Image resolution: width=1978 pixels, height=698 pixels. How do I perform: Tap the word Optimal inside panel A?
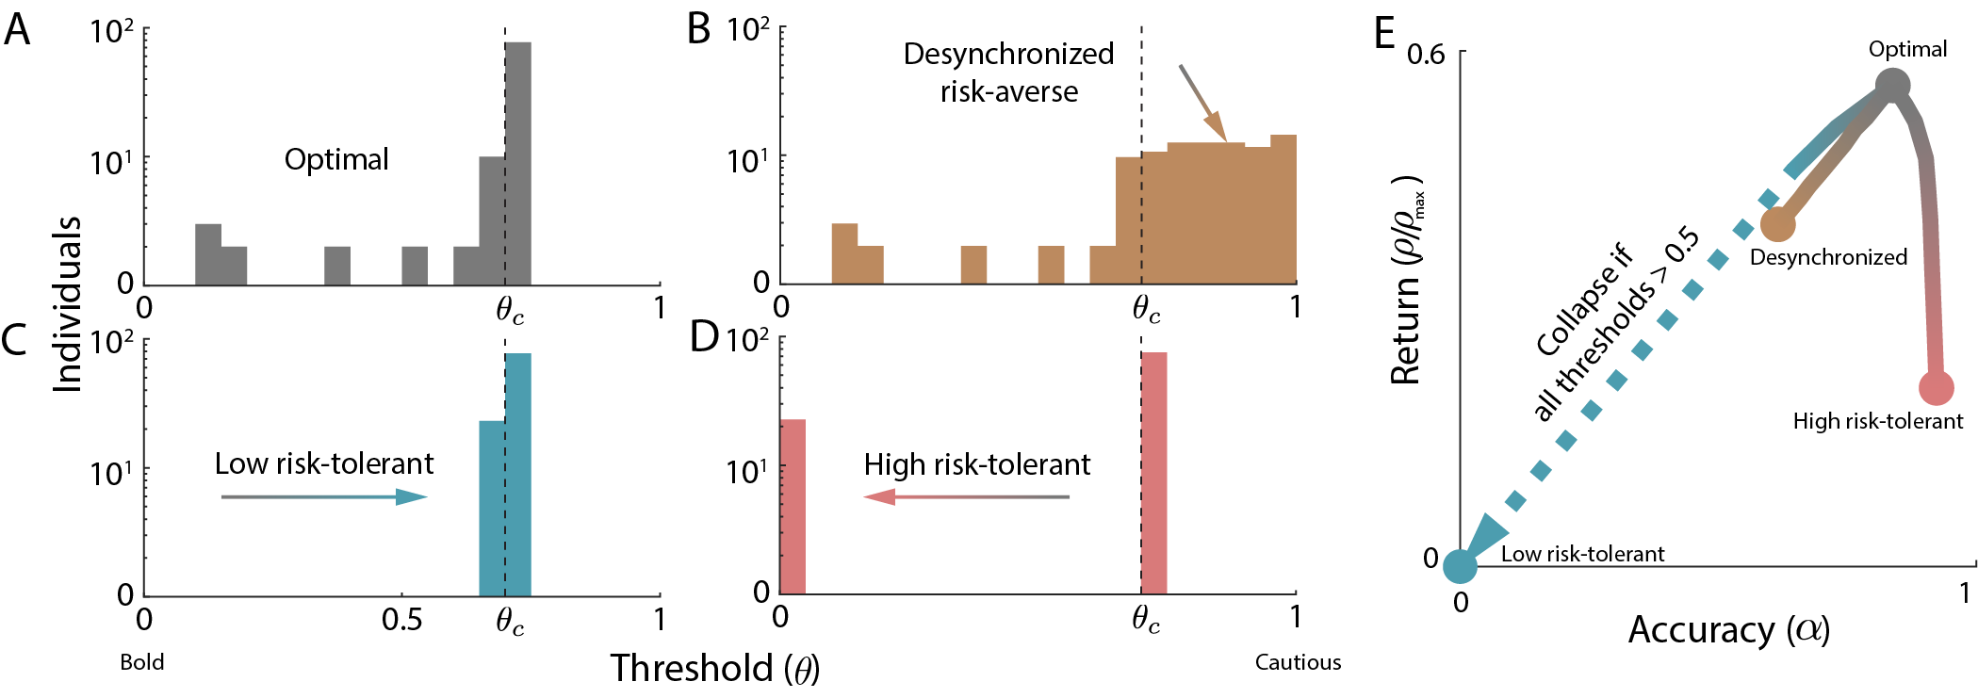(x=336, y=159)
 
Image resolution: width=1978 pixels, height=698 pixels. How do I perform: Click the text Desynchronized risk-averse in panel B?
(x=1008, y=73)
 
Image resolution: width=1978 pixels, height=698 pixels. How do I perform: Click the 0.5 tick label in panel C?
(x=401, y=620)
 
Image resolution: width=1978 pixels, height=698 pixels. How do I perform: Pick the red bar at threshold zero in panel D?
(x=793, y=506)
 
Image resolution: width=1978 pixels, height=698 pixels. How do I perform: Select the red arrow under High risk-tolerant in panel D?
(x=966, y=496)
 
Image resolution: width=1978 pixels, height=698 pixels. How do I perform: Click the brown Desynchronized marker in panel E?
(x=1777, y=224)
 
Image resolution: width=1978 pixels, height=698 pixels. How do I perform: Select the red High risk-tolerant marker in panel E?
(x=1936, y=387)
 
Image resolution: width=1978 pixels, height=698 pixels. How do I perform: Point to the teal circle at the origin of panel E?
(x=1460, y=566)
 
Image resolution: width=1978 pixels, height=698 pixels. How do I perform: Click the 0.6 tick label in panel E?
(x=1425, y=54)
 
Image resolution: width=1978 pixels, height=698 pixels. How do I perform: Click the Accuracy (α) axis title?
(x=1728, y=629)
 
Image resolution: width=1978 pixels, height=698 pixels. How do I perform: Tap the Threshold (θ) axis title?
(x=714, y=668)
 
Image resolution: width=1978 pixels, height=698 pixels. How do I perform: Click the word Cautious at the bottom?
(x=1297, y=662)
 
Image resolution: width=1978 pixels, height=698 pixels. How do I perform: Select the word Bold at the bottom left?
(x=142, y=662)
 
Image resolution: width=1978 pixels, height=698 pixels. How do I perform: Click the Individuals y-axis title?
(x=67, y=303)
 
